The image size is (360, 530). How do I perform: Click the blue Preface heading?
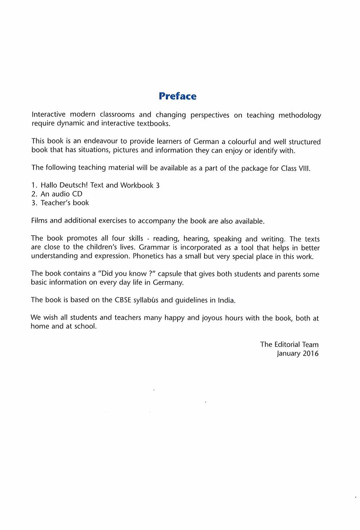(x=177, y=96)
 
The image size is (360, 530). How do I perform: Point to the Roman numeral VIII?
(x=304, y=168)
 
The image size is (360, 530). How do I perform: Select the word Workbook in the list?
(x=137, y=185)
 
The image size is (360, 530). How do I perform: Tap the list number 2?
(x=34, y=194)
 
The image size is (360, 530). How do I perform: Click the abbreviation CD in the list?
(x=77, y=194)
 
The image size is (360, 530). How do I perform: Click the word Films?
(x=39, y=220)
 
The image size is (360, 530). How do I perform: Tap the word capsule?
(x=170, y=274)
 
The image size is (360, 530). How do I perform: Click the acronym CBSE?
(x=123, y=300)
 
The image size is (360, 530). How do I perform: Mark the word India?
(x=226, y=300)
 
